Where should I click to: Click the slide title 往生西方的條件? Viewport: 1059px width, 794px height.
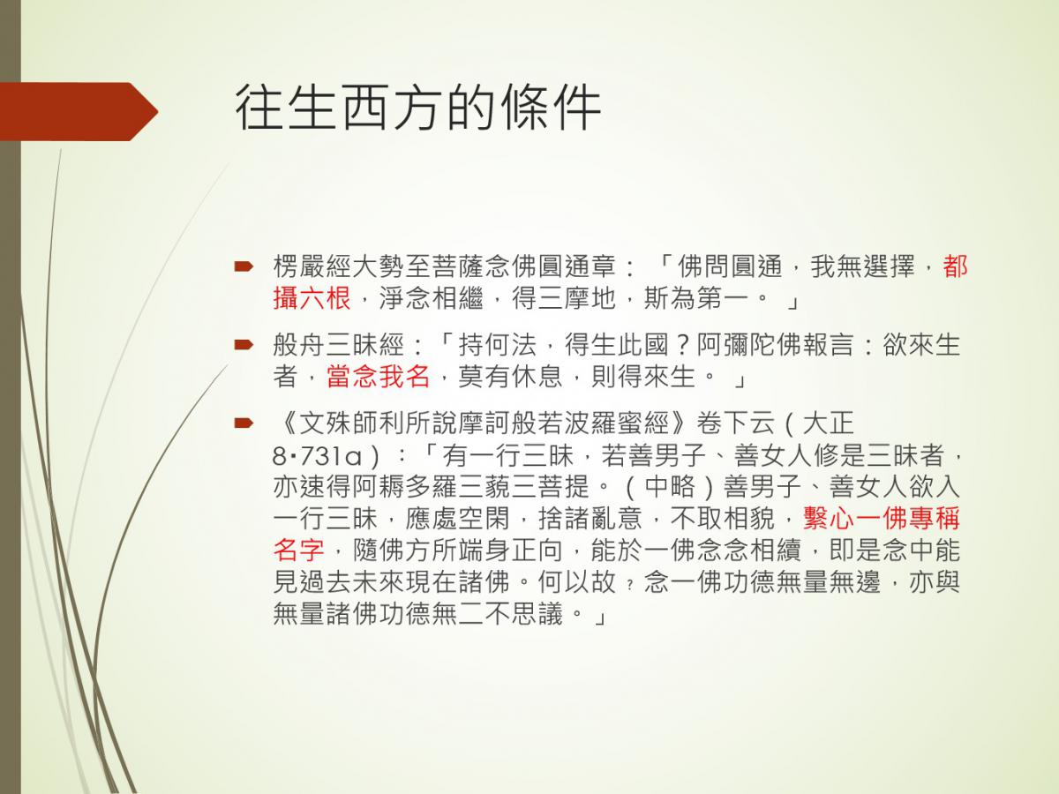418,108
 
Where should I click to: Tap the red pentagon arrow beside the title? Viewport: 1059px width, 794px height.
79,111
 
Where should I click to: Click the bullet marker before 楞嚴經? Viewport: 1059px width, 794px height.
244,266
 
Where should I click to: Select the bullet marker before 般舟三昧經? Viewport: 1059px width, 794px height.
244,344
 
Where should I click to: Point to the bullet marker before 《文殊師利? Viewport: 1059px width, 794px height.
244,423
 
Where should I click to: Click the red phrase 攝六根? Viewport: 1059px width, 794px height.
312,297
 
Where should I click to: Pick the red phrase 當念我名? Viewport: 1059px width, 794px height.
378,376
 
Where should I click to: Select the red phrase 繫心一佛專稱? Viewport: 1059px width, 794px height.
882,518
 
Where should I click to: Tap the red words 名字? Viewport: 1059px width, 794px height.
298,550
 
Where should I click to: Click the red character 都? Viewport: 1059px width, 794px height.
955,266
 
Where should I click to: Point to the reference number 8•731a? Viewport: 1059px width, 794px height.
317,455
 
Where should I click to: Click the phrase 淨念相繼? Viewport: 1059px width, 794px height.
431,297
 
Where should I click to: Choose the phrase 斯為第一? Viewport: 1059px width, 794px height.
695,297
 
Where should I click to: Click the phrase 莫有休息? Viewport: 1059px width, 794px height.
510,376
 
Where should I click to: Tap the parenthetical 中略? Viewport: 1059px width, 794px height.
670,487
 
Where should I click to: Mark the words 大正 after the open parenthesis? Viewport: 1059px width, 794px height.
828,423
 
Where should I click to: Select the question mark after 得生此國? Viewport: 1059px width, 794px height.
682,345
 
